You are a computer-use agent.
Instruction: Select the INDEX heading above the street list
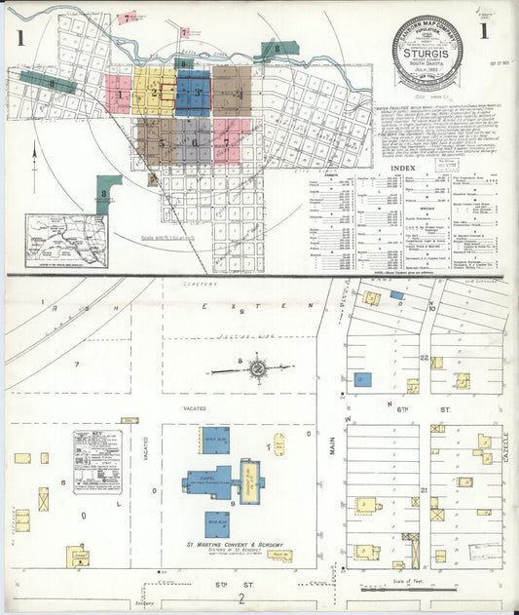pos(400,169)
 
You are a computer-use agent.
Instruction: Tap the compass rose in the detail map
pos(258,368)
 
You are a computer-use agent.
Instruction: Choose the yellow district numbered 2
pos(153,94)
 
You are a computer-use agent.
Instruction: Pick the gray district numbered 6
pos(193,142)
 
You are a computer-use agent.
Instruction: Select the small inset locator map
pos(66,240)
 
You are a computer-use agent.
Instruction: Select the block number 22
pos(425,358)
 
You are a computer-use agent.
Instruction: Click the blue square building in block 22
pos(362,378)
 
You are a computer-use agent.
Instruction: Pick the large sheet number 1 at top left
pos(19,39)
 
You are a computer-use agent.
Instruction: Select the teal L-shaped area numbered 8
pos(106,191)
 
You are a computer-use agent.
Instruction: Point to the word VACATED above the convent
pos(182,409)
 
